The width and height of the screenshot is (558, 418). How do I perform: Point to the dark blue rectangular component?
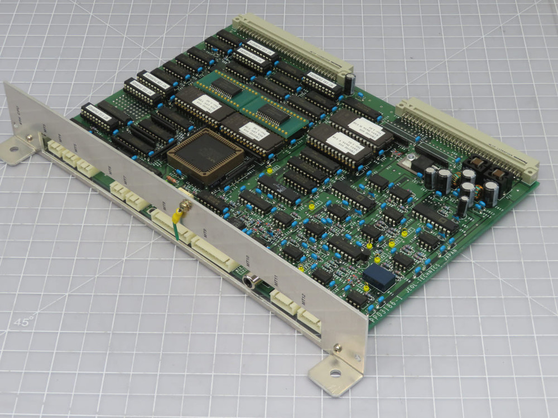pyautogui.click(x=379, y=277)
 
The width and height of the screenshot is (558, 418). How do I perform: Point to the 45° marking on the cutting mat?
pyautogui.click(x=23, y=322)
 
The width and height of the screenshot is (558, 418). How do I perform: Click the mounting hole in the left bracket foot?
pyautogui.click(x=13, y=149)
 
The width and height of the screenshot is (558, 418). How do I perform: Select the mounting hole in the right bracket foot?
pyautogui.click(x=335, y=373)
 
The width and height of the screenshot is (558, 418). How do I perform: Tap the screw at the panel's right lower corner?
pyautogui.click(x=338, y=348)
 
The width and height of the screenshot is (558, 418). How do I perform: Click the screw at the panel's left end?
pyautogui.click(x=29, y=138)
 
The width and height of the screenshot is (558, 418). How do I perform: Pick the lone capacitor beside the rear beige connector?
pyautogui.click(x=349, y=83)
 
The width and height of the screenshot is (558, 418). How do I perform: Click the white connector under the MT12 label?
pyautogui.click(x=309, y=319)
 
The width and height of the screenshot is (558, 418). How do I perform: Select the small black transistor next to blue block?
pyautogui.click(x=356, y=298)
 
